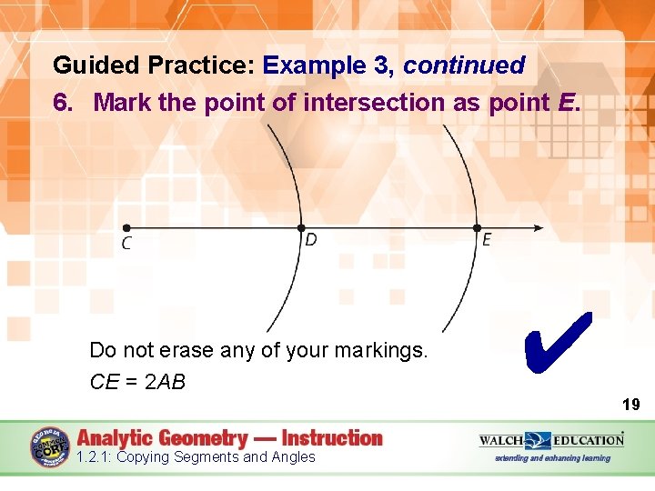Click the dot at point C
coord(126,228)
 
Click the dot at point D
coord(302,228)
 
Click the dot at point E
coord(476,228)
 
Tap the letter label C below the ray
coord(126,244)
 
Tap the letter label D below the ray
coord(311,241)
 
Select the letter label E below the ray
coord(487,241)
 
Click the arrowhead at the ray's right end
coord(539,228)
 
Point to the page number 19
coord(630,405)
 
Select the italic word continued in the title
coord(464,65)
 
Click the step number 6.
coord(63,103)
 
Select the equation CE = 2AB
coord(137,382)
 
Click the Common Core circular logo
coord(50,447)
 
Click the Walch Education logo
coord(551,440)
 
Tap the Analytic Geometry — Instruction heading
coord(230,438)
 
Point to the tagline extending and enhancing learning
coord(552,458)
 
